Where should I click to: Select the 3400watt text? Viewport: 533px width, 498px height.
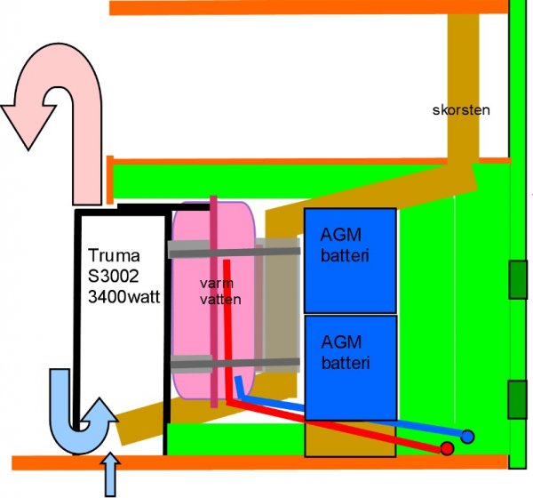[x=123, y=297]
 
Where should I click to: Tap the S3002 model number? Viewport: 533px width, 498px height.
[x=112, y=277]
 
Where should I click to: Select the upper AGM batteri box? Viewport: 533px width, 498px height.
[x=350, y=260]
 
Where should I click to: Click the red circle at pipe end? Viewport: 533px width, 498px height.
[x=448, y=447]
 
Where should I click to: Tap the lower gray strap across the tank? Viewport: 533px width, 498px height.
[x=231, y=362]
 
